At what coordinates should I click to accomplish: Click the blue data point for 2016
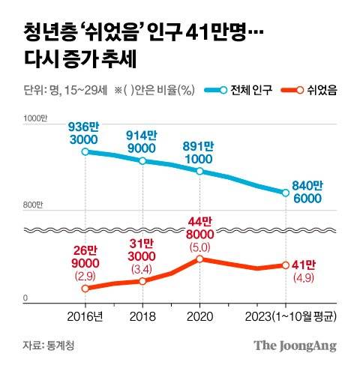85,151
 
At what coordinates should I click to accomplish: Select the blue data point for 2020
200,171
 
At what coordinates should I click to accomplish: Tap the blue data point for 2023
286,193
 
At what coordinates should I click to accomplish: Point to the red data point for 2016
85,289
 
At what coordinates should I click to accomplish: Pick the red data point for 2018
142,281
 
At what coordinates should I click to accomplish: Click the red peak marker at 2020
200,259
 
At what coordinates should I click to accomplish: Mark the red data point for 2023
286,265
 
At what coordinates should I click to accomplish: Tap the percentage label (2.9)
85,276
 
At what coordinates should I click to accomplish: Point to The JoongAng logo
294,346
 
